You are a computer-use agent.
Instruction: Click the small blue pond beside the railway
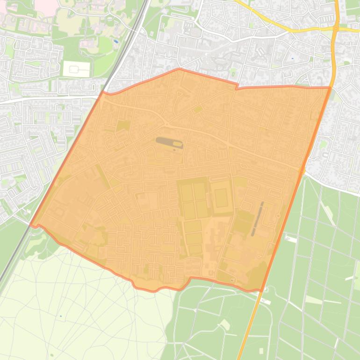[x=115, y=41]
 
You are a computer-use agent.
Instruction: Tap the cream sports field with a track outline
[x=76, y=69]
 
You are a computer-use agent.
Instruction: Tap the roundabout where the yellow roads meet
[x=336, y=29]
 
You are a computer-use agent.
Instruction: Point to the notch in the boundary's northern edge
[x=237, y=86]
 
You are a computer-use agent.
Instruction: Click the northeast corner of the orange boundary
[x=330, y=87]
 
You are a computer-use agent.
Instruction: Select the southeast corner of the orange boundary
[x=261, y=290]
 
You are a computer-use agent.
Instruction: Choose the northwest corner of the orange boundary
[x=103, y=92]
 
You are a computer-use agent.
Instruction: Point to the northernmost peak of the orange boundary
[x=179, y=69]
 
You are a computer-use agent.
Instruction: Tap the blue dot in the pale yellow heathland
[x=60, y=317]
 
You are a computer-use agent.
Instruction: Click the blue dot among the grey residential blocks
[x=293, y=58]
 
